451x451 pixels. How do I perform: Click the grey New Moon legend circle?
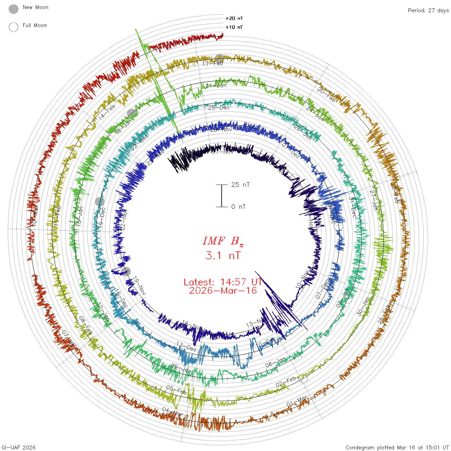click(14, 9)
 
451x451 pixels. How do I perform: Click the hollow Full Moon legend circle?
click(14, 27)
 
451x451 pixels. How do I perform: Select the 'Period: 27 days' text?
click(428, 10)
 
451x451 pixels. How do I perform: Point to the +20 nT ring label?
click(234, 18)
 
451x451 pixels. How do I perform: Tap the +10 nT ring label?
click(234, 27)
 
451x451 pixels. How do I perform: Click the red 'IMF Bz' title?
click(223, 241)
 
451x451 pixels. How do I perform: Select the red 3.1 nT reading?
click(223, 256)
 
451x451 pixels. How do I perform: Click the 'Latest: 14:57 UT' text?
click(223, 282)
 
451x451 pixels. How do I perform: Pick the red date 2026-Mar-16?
click(223, 291)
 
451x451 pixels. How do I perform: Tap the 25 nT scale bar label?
click(240, 185)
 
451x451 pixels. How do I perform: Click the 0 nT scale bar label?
click(238, 207)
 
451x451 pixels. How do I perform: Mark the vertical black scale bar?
click(222, 196)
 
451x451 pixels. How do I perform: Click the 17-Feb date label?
click(213, 63)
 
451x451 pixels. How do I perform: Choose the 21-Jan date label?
click(216, 86)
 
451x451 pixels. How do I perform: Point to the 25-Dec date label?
click(219, 108)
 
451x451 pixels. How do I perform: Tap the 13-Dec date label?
click(186, 347)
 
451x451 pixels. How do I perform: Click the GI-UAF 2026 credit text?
click(18, 447)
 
